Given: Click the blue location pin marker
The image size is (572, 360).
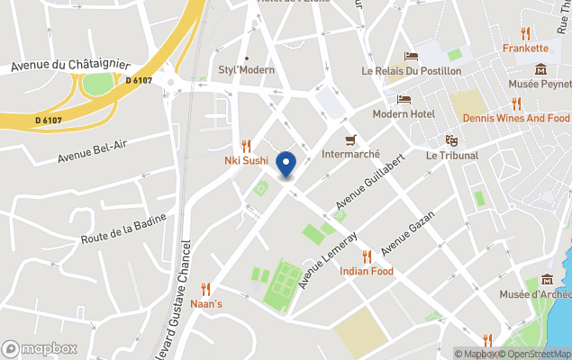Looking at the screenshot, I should pyautogui.click(x=286, y=164).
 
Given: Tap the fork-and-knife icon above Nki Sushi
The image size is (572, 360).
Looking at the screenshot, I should pyautogui.click(x=246, y=146).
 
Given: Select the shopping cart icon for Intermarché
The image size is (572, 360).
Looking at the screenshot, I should pyautogui.click(x=351, y=139).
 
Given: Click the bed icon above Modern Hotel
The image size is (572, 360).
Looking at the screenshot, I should pyautogui.click(x=404, y=99).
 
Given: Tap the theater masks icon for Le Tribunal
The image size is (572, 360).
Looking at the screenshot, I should pyautogui.click(x=452, y=140).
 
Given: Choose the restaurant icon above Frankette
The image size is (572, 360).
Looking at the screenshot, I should pyautogui.click(x=525, y=32).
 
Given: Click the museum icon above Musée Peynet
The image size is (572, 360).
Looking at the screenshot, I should pyautogui.click(x=540, y=69).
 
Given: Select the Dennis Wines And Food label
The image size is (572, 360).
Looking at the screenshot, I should pyautogui.click(x=516, y=119).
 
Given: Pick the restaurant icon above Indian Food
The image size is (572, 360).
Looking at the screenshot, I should pyautogui.click(x=367, y=256).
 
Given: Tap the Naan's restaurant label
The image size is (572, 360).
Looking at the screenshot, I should pyautogui.click(x=205, y=304).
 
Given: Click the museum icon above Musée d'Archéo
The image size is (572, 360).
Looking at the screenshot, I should pyautogui.click(x=547, y=282).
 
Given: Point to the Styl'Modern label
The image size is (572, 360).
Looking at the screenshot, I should pyautogui.click(x=246, y=70).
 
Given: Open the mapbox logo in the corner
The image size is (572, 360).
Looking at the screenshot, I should pyautogui.click(x=40, y=348).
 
